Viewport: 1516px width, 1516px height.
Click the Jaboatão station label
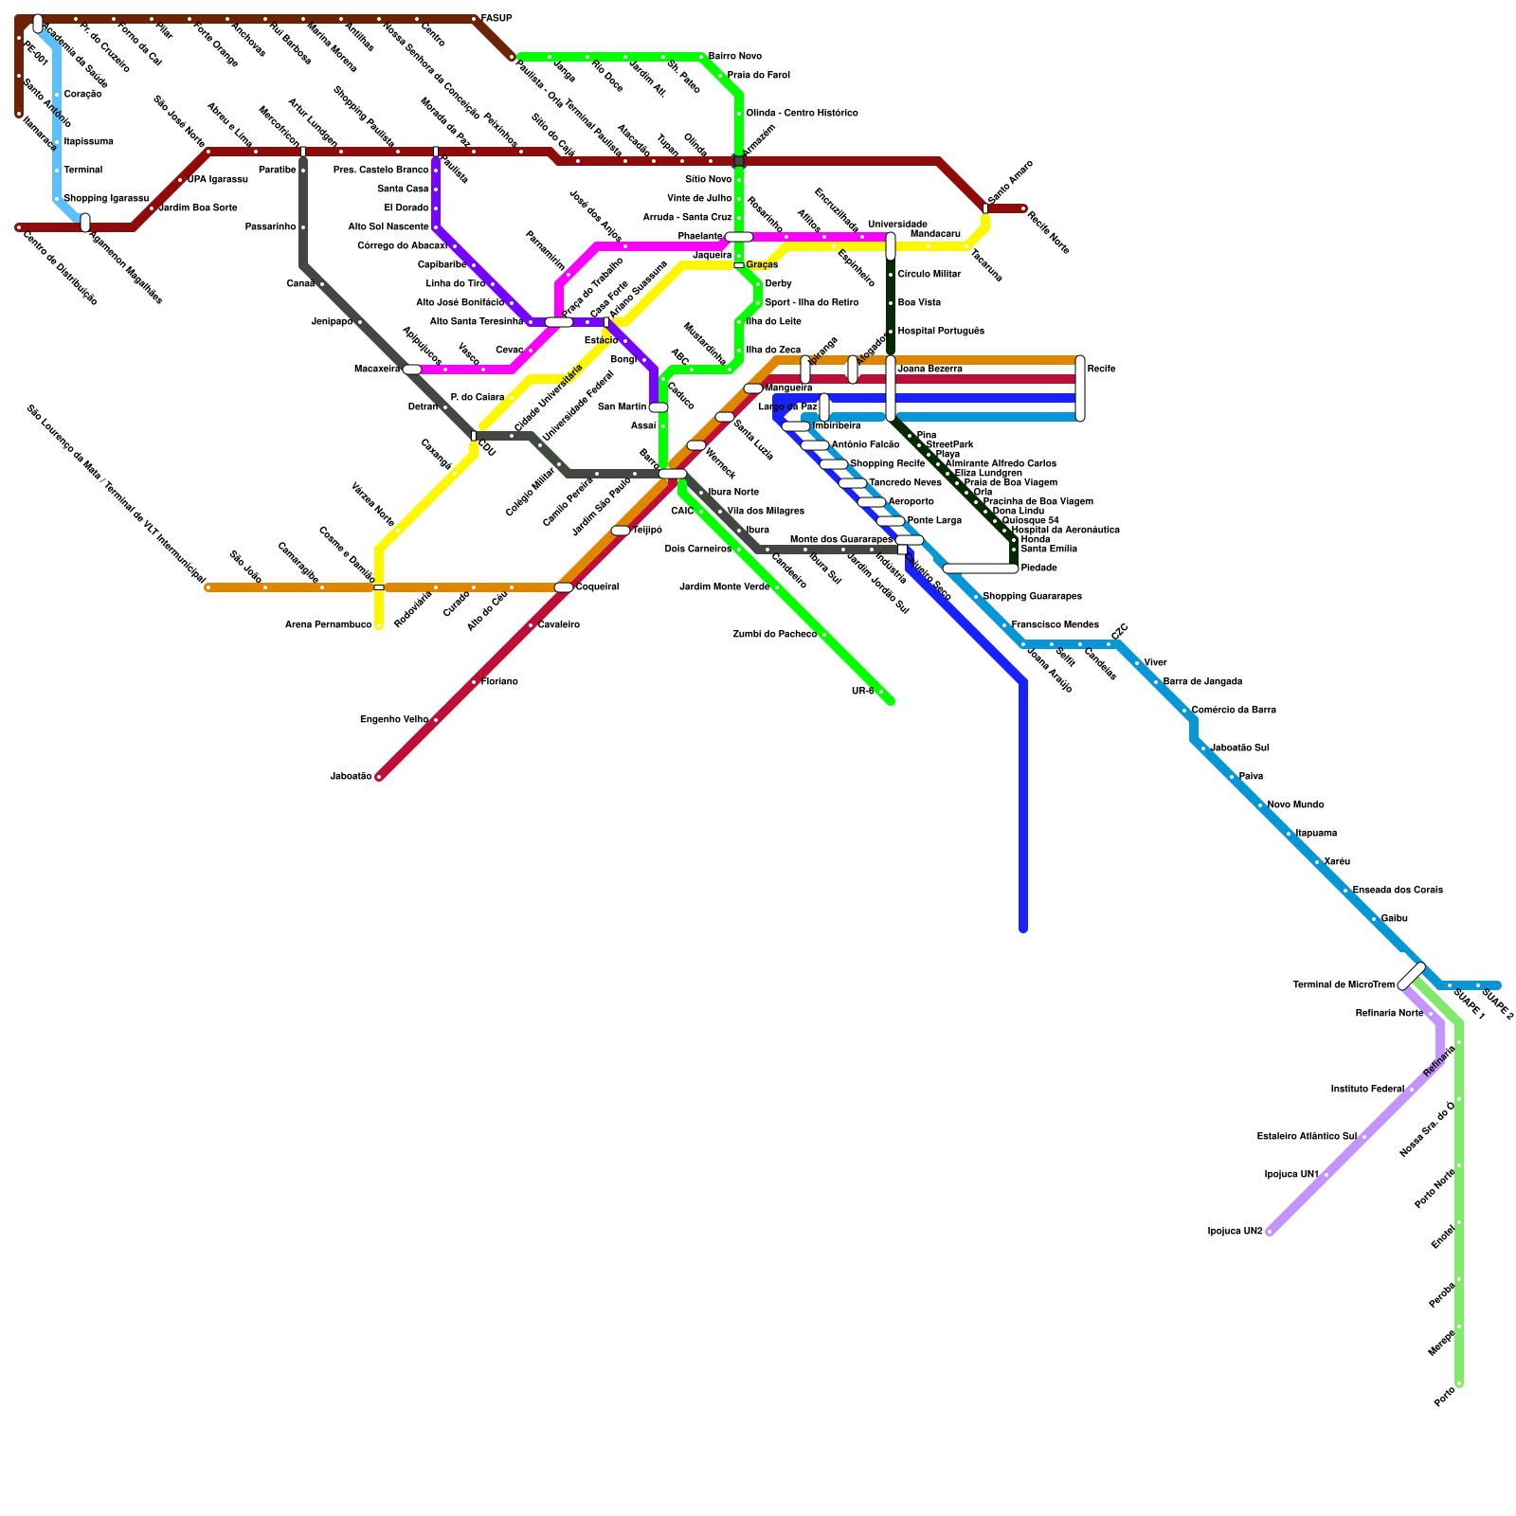(351, 777)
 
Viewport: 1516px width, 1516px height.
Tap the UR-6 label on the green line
(862, 692)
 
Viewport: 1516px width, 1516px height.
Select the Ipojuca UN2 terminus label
(1235, 1232)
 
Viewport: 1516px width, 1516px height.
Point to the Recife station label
(1101, 370)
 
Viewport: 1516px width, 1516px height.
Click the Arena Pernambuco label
(329, 625)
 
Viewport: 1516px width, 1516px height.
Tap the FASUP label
(496, 19)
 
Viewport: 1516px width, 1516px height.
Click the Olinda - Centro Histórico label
(802, 114)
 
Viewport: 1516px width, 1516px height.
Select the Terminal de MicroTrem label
(1344, 985)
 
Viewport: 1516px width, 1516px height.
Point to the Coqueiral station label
(597, 587)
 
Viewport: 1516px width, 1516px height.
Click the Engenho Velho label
(394, 720)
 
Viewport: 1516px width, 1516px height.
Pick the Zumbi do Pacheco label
(774, 635)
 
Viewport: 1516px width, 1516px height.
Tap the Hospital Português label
(940, 332)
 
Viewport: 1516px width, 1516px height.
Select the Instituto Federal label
(1367, 1090)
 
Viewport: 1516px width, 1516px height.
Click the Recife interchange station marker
(1080, 388)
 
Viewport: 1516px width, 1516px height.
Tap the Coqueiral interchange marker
(564, 587)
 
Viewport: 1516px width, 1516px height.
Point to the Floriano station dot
(474, 682)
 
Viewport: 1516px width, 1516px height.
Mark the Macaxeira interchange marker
(412, 370)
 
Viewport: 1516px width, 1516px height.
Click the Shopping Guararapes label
(1032, 597)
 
